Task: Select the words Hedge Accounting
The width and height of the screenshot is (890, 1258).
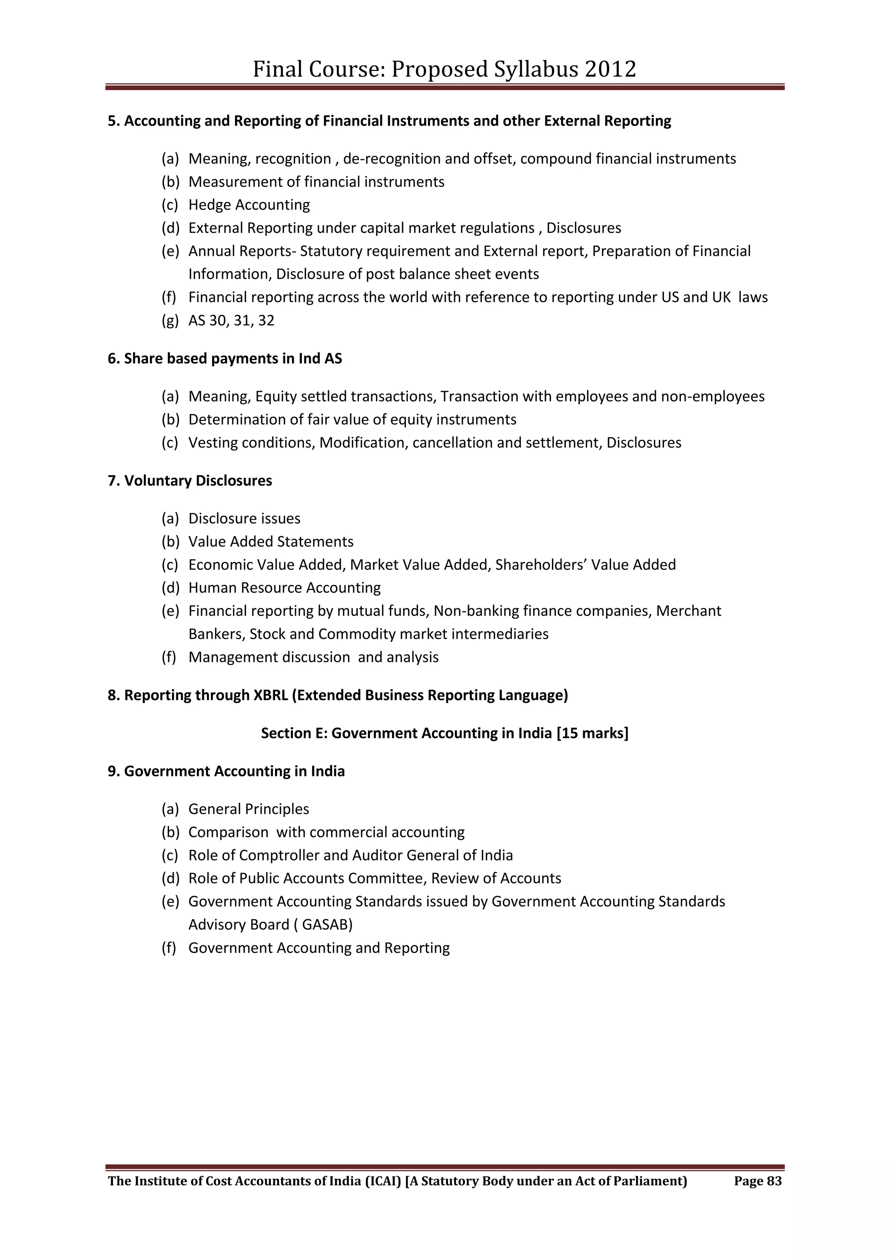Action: coord(249,205)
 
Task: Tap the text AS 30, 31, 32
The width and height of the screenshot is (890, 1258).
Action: coord(231,321)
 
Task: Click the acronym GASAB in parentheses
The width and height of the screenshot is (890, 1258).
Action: coord(327,925)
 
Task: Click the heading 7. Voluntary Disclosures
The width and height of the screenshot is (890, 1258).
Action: coord(189,481)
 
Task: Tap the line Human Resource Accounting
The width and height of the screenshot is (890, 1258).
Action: coord(285,588)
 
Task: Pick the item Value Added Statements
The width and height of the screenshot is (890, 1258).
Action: coord(271,542)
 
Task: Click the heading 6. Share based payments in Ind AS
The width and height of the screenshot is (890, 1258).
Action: coord(225,358)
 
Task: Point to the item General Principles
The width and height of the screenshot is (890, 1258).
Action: coord(249,809)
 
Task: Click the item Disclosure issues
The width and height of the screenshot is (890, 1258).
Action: coord(244,519)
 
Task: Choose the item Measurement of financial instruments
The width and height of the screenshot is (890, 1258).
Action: coord(316,182)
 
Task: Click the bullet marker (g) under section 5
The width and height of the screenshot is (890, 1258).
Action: coord(169,321)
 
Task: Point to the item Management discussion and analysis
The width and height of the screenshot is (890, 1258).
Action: coord(313,657)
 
